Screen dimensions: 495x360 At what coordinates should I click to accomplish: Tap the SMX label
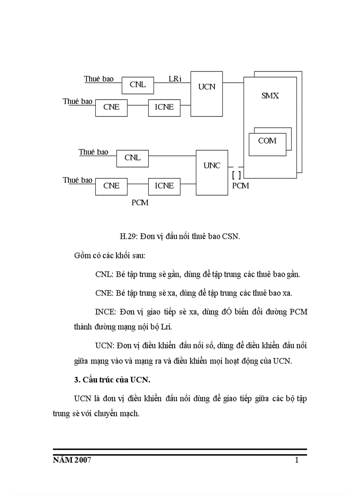270,96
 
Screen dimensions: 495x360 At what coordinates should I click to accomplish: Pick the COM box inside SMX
267,141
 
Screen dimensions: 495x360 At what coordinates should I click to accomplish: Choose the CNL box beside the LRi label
138,85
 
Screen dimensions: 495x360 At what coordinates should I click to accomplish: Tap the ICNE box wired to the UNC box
164,186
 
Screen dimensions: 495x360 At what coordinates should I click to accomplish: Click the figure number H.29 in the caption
129,236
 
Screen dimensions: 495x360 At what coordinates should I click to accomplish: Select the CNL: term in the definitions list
105,274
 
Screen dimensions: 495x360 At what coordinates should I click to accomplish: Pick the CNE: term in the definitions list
105,293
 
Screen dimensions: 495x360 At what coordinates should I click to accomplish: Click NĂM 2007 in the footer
72,461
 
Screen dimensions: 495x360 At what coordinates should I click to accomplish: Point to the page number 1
296,461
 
